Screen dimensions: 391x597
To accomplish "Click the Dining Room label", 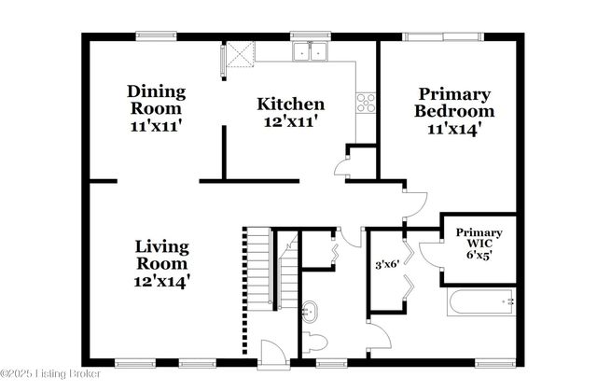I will pyautogui.click(x=156, y=101).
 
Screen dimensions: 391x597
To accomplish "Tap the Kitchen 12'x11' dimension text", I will pyautogui.click(x=291, y=122).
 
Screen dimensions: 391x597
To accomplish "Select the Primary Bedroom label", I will pyautogui.click(x=454, y=103).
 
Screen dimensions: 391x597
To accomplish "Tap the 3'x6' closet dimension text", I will pyautogui.click(x=385, y=264).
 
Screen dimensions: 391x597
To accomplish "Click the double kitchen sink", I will pyautogui.click(x=309, y=52).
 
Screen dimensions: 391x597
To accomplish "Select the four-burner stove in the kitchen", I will pyautogui.click(x=365, y=102).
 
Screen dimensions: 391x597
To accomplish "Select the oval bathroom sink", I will pyautogui.click(x=312, y=310).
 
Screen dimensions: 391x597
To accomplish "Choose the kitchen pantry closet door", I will pyautogui.click(x=344, y=169).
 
